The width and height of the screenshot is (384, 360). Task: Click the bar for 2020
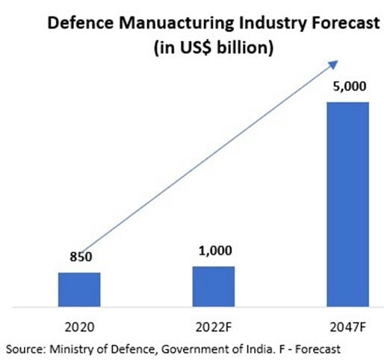click(79, 289)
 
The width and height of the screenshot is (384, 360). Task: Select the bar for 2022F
click(214, 286)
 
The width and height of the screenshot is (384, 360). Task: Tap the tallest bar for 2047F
click(348, 204)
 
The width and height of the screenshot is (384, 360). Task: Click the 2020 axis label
click(79, 325)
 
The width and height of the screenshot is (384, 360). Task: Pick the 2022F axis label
click(214, 325)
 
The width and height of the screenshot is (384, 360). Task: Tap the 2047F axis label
click(348, 325)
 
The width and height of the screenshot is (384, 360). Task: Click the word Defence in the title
click(75, 22)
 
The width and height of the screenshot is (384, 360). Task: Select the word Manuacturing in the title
click(161, 22)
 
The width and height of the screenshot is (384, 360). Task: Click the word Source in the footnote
click(25, 348)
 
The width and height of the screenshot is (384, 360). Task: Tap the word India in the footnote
click(268, 348)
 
